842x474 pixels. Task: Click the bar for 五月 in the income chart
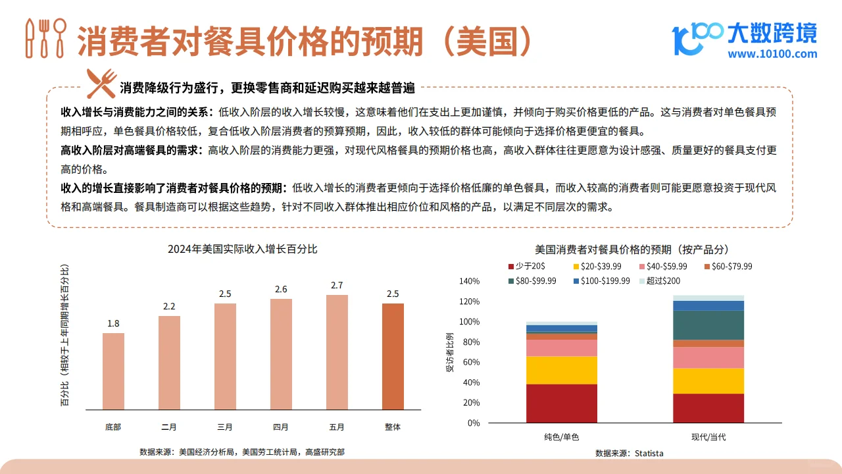click(337, 352)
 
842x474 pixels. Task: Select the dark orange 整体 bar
click(393, 356)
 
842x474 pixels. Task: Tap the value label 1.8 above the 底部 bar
click(113, 323)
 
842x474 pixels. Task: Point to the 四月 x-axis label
click(281, 427)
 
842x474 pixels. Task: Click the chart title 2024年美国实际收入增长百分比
click(242, 249)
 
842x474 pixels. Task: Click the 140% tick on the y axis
click(469, 281)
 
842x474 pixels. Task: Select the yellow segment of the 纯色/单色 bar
click(562, 370)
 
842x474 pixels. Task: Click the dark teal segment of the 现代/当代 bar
click(708, 325)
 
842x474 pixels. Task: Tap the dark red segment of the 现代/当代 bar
click(708, 408)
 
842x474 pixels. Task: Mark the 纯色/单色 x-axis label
click(562, 437)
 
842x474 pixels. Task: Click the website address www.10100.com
click(772, 54)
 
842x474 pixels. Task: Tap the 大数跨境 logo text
click(772, 31)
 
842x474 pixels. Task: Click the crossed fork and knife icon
click(101, 84)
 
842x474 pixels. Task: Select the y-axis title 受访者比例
click(450, 352)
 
